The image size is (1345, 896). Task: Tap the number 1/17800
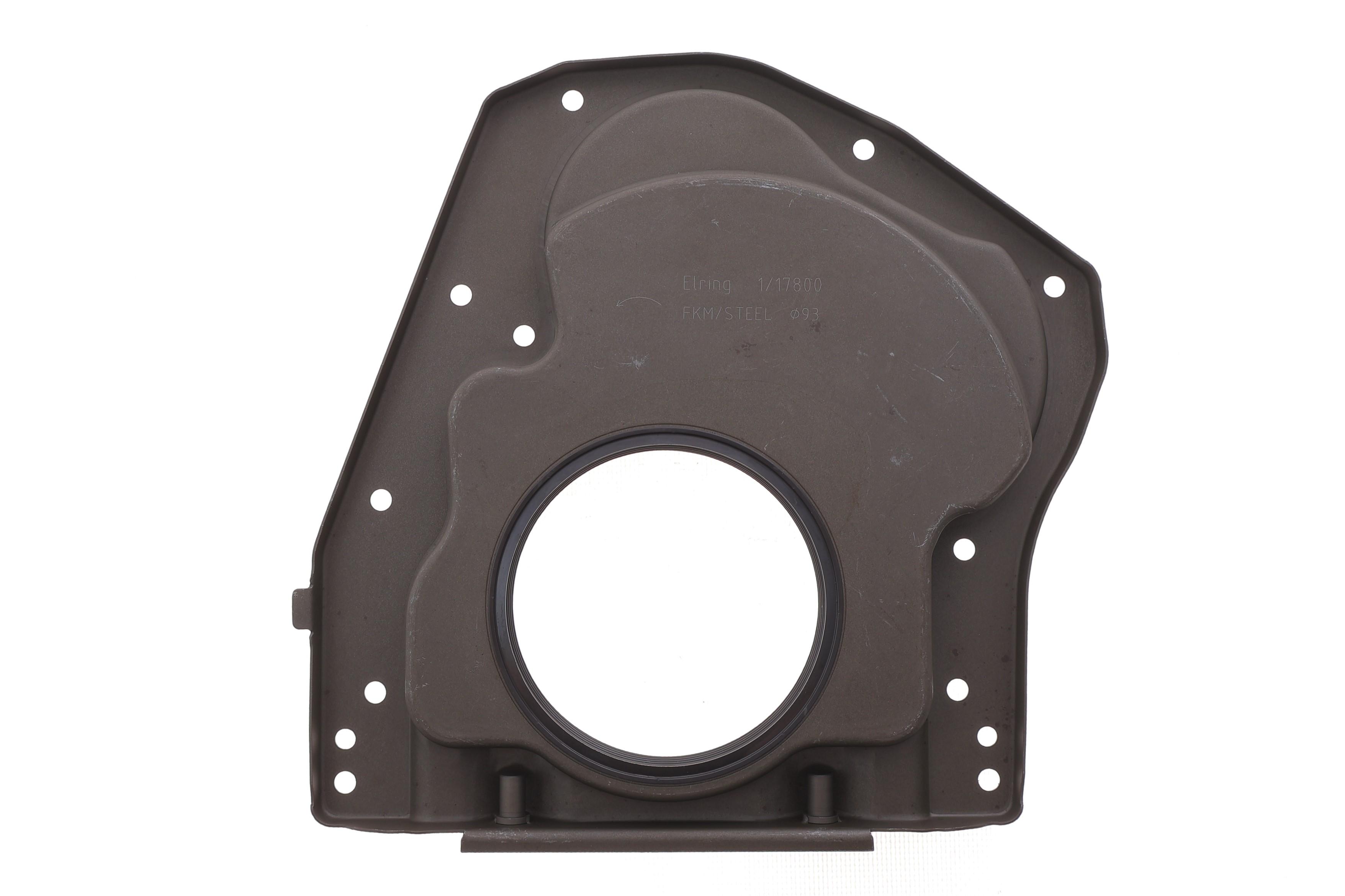[789, 285]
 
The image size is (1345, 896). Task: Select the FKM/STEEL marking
[726, 314]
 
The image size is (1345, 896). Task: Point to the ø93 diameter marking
[804, 314]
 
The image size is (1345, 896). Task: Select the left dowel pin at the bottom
[511, 798]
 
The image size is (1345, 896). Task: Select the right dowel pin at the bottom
[820, 798]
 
